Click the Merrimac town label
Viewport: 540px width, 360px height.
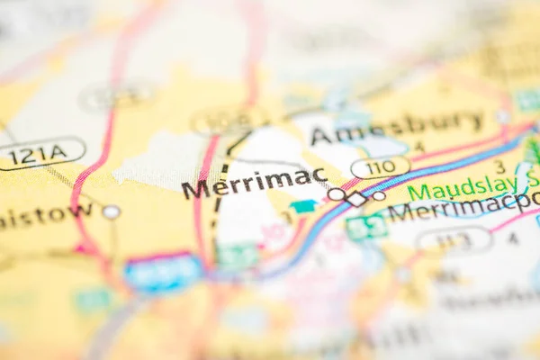(254, 183)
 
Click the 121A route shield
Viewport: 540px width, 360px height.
(40, 153)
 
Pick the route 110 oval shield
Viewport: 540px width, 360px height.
(380, 167)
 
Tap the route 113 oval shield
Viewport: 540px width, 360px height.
(454, 239)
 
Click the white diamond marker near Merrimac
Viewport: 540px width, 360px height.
(357, 199)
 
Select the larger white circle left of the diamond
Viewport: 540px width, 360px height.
(337, 193)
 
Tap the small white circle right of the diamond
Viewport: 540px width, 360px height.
(379, 195)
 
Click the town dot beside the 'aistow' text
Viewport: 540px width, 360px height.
(111, 212)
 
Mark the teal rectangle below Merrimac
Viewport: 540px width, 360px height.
(304, 206)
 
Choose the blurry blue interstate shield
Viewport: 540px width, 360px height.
(163, 272)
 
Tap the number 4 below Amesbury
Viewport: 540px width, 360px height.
(418, 148)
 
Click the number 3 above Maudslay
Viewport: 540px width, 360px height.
(499, 167)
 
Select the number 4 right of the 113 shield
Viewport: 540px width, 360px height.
(513, 238)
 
